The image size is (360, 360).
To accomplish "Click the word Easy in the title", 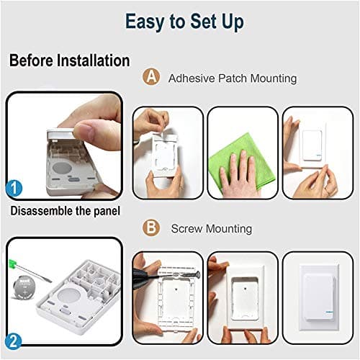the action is click(145, 22).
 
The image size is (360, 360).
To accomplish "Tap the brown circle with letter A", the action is click(151, 76).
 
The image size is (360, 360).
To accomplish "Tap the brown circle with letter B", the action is click(151, 228).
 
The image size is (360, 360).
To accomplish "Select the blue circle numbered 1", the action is click(14, 189).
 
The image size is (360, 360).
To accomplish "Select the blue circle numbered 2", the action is click(14, 341).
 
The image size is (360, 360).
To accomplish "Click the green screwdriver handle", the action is click(12, 264).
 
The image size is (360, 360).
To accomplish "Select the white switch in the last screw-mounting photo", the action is click(320, 297).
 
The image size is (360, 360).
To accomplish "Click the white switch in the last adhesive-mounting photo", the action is click(312, 145).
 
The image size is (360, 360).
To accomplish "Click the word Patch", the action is click(233, 78).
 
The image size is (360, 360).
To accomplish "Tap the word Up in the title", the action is click(233, 22).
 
